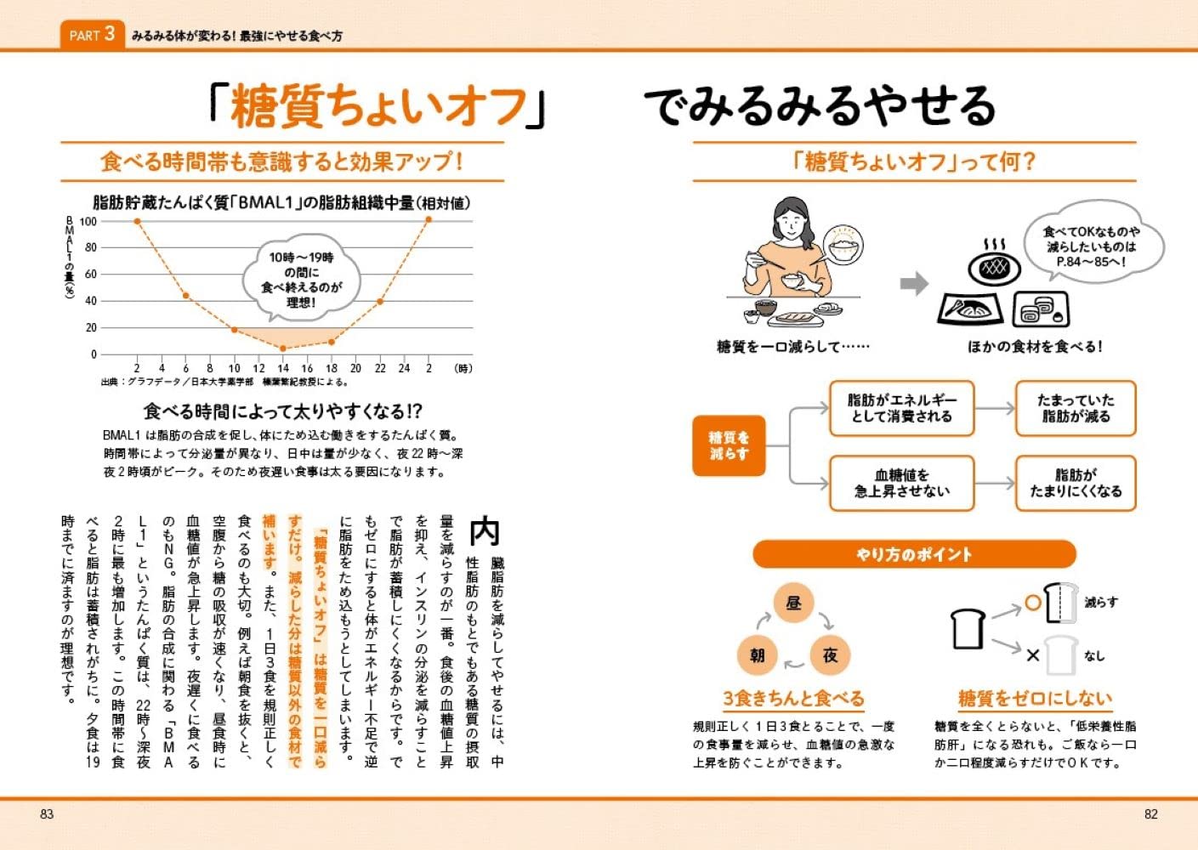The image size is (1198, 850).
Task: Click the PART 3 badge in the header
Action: (92, 35)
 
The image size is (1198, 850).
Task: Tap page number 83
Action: (47, 813)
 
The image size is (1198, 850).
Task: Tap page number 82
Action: (1150, 813)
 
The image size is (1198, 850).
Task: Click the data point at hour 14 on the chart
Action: (283, 348)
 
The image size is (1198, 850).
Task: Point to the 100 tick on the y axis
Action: (88, 221)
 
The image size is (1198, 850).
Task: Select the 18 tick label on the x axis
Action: (332, 368)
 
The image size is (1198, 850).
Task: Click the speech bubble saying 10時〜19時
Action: (301, 279)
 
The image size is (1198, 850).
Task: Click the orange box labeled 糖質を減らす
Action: (729, 445)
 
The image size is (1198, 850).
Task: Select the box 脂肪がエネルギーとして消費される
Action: (901, 408)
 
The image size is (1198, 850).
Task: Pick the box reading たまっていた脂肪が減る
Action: (1076, 408)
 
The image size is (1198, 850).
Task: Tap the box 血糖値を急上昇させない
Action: (901, 483)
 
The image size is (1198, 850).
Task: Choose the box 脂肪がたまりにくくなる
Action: (1076, 483)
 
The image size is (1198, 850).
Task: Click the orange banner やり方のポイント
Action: (914, 555)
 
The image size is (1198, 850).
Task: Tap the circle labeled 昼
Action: (793, 603)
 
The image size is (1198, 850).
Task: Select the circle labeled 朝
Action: (757, 655)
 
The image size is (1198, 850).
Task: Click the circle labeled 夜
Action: (830, 654)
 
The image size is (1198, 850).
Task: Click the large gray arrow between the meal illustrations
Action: (914, 284)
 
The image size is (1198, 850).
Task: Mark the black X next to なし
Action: (1032, 655)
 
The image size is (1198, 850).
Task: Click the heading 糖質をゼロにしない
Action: (1035, 699)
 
